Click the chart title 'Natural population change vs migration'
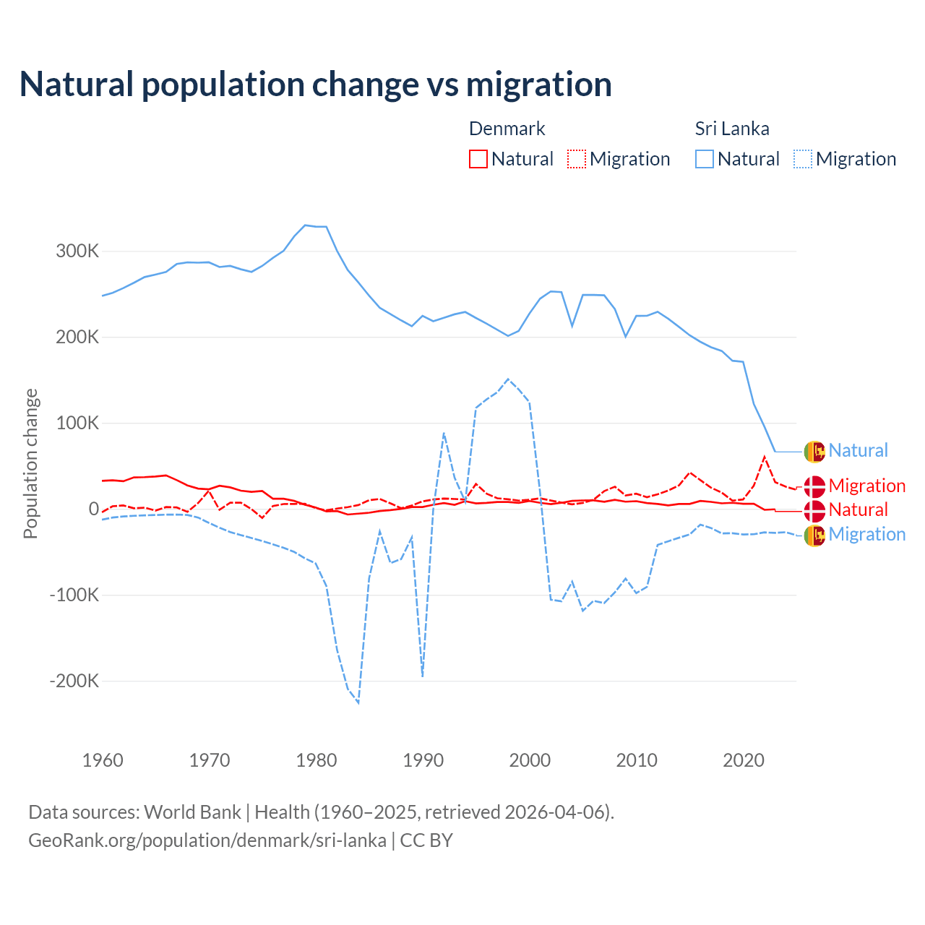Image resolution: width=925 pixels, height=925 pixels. coord(316,85)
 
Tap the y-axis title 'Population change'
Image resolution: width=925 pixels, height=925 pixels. coord(30,463)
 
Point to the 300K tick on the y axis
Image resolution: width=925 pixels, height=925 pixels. coord(77,251)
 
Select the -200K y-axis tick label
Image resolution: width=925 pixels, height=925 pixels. coord(74,681)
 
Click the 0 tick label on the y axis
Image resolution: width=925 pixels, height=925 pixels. coord(93,509)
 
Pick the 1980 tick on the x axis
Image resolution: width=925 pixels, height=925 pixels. coord(317,760)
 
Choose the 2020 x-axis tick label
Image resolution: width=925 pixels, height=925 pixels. coord(744,760)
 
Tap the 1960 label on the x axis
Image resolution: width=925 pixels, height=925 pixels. coord(103,760)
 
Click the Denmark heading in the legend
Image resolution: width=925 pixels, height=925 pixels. coord(507,129)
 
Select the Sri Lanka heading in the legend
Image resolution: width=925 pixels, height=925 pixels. coord(732,129)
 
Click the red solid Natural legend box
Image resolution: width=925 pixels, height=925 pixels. coord(478,159)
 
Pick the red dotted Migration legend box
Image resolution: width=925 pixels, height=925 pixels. coord(577,159)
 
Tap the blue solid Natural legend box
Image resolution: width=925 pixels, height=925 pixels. coord(705,159)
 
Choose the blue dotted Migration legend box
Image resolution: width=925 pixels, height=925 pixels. coord(803,159)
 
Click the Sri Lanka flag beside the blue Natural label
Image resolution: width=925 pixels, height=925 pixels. coord(814,451)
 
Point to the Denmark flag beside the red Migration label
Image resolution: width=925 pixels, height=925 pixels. coord(814,486)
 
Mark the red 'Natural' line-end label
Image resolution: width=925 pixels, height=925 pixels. coord(858,510)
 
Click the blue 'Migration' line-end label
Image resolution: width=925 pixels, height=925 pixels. coord(866,535)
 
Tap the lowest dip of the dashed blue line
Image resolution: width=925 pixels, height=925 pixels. coord(358,702)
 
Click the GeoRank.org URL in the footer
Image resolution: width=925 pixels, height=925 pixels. coord(207,840)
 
